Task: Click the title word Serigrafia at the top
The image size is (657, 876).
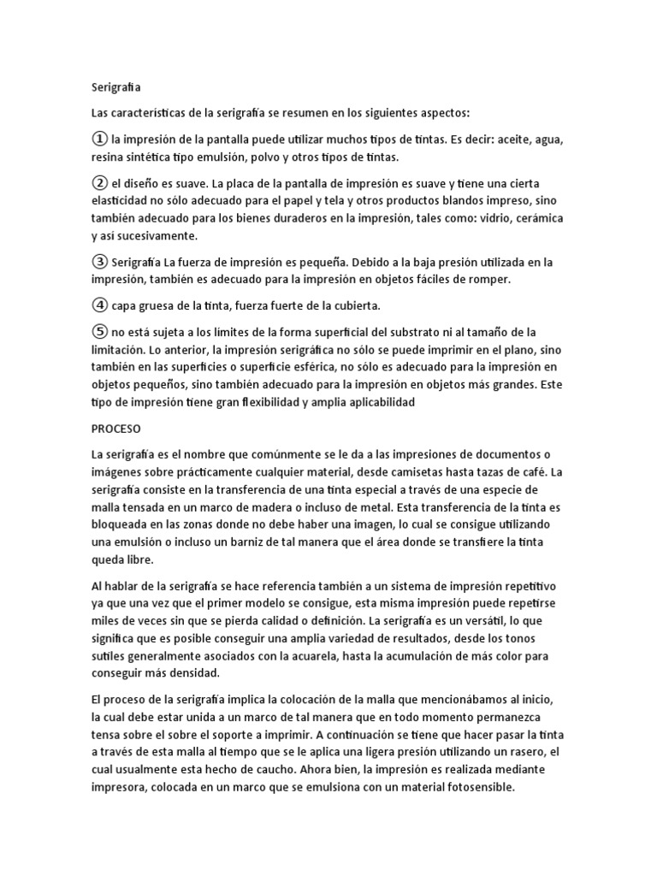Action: click(x=116, y=86)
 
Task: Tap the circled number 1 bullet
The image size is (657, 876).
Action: click(x=99, y=139)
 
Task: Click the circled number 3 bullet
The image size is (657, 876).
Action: click(x=99, y=262)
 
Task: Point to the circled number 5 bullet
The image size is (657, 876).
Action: click(x=99, y=331)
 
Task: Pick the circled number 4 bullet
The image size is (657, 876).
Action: click(x=99, y=305)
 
